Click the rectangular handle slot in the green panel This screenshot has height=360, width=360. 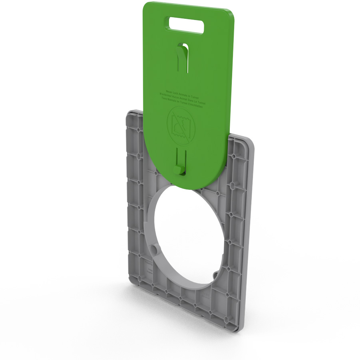pyautogui.click(x=187, y=24)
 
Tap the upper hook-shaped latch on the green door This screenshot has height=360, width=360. pyautogui.click(x=182, y=56)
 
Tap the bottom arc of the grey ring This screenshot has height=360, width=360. pyautogui.click(x=188, y=286)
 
